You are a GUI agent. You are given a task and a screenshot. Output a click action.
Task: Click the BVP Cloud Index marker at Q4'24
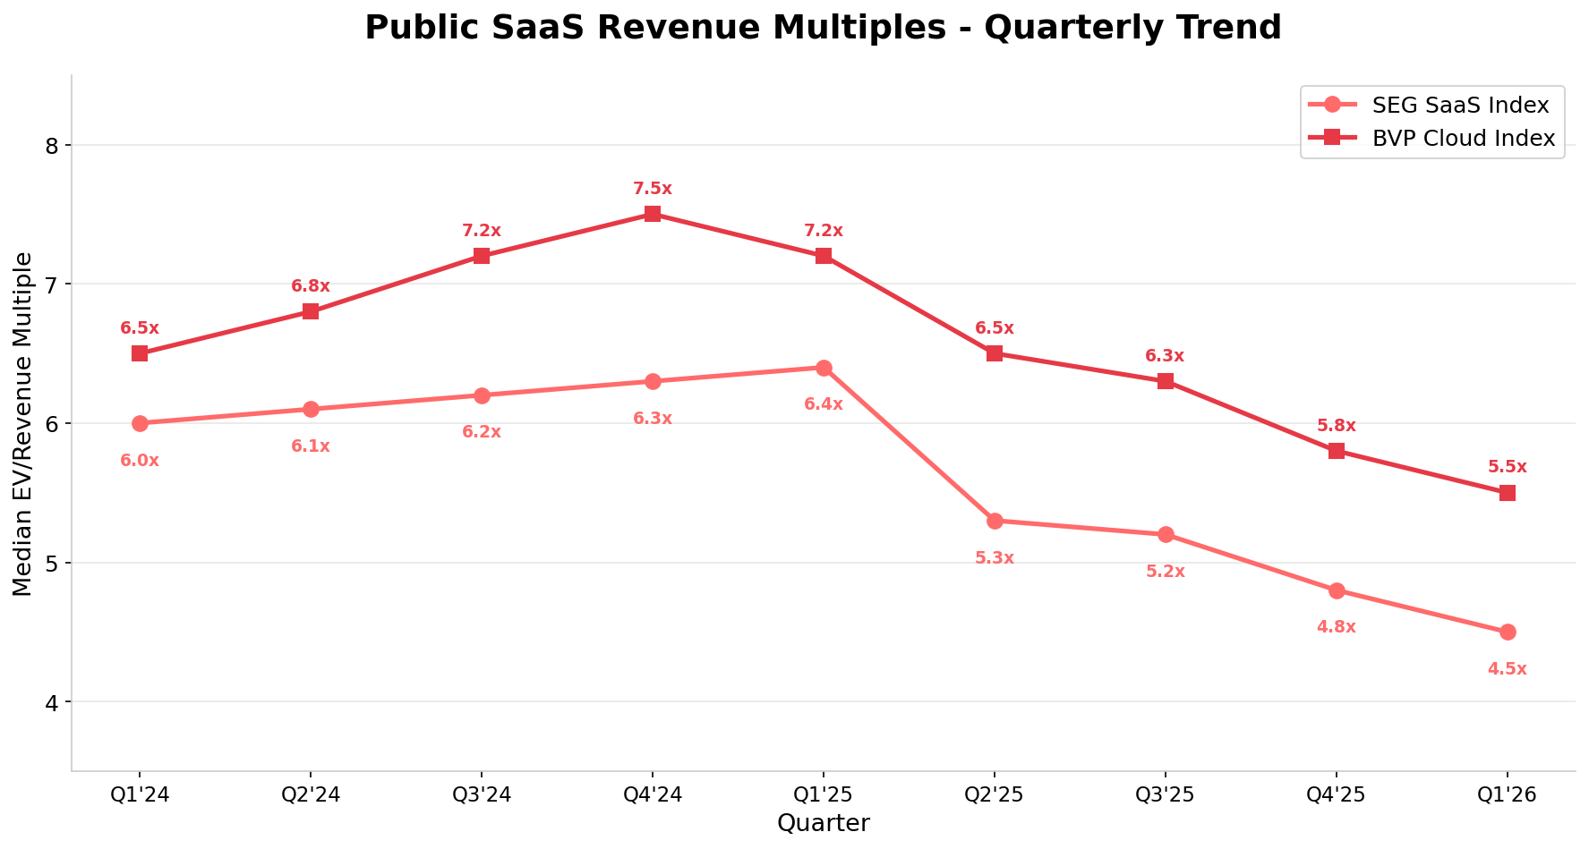tap(653, 214)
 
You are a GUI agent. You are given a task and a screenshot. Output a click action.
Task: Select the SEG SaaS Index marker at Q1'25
tap(824, 368)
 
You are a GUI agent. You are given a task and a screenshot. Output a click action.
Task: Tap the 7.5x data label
tap(653, 189)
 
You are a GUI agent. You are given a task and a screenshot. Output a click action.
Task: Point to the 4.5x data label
tap(1508, 669)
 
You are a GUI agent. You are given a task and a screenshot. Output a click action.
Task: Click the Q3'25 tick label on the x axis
tap(1166, 794)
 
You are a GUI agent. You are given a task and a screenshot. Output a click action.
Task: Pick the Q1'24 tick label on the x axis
tap(140, 794)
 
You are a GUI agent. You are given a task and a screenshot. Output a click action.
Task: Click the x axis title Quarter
tap(823, 823)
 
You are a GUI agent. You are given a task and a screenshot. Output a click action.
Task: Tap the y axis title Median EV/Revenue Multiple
tap(23, 424)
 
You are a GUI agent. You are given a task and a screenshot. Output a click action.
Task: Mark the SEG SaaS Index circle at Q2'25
tap(995, 521)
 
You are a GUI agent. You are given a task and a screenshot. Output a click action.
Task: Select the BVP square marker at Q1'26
tap(1508, 493)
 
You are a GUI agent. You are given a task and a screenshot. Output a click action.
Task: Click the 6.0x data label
tap(140, 461)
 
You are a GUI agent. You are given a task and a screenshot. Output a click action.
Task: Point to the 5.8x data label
tap(1337, 426)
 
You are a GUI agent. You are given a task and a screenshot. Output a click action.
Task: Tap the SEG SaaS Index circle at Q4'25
tap(1337, 590)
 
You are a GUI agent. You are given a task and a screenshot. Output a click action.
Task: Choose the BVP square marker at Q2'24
tap(311, 311)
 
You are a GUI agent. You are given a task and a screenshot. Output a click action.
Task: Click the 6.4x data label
tap(824, 404)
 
